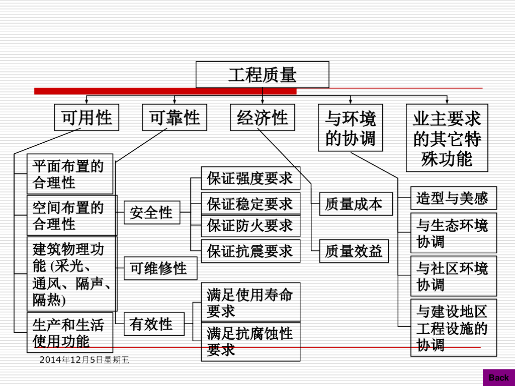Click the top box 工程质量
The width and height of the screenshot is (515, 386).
[x=262, y=75]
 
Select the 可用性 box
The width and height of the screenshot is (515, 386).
[x=87, y=118]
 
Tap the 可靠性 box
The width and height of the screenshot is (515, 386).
[x=175, y=118]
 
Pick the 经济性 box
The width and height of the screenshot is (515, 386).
[x=263, y=118]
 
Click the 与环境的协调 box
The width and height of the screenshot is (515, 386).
[x=350, y=128]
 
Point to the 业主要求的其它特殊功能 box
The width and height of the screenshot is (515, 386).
[x=447, y=138]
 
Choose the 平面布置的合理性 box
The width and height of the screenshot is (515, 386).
[x=70, y=174]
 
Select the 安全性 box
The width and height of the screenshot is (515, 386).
[x=151, y=212]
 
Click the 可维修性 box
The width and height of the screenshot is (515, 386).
[x=160, y=268]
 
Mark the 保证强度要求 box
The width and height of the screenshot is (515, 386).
[x=250, y=178]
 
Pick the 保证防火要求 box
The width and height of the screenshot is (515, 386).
[x=250, y=225]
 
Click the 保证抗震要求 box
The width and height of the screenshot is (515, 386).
[x=250, y=251]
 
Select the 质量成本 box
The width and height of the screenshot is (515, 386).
[x=356, y=204]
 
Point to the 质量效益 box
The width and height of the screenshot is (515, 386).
[x=356, y=251]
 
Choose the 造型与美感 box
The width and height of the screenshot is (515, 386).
[x=453, y=198]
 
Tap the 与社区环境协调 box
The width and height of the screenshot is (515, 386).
[x=453, y=276]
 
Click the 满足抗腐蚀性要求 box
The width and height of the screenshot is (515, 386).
[x=250, y=341]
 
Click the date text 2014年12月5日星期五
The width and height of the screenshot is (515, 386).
[x=84, y=360]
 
